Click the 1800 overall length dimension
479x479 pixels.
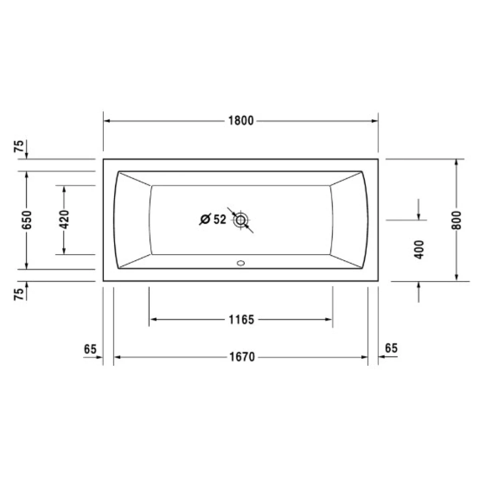pyautogui.click(x=241, y=121)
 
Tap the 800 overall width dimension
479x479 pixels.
pyautogui.click(x=456, y=220)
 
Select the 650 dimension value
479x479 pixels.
pyautogui.click(x=27, y=220)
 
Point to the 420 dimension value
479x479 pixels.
pyautogui.click(x=64, y=220)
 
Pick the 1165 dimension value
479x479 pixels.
pyautogui.click(x=241, y=320)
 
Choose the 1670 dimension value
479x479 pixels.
pyautogui.click(x=242, y=357)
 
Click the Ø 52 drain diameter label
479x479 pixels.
pyautogui.click(x=213, y=219)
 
